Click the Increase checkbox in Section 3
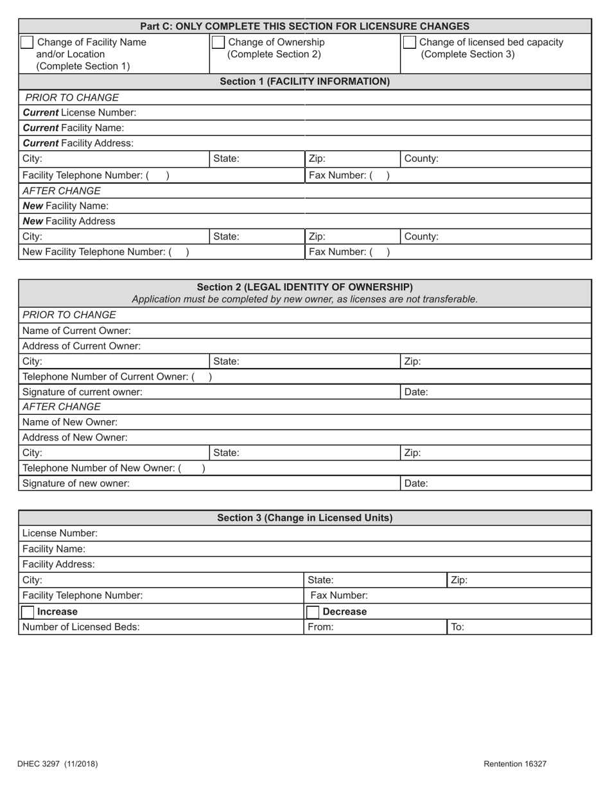coord(28,611)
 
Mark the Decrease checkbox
coord(312,611)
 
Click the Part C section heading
coord(304,26)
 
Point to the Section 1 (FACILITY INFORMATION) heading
coord(304,82)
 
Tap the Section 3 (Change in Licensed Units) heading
coord(304,518)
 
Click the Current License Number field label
coord(79,112)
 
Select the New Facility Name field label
coord(65,206)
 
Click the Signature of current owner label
coord(82,392)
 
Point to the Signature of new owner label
coord(76,484)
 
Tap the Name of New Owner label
coord(70,422)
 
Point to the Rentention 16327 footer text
coord(515,764)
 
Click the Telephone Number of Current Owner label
coord(108,376)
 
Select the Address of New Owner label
coord(75,437)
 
